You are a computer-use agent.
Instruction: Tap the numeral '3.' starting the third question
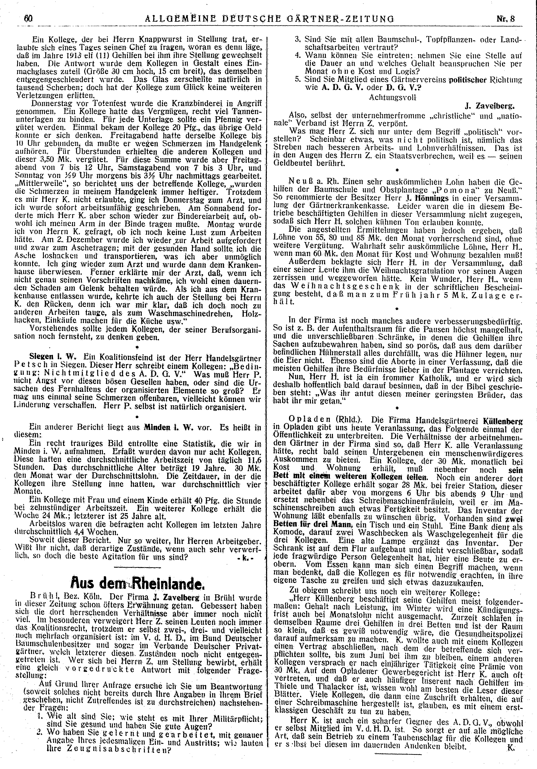pos(297,38)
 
